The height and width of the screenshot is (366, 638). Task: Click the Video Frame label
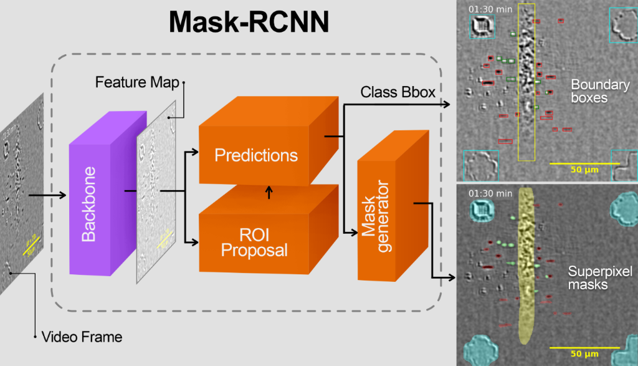[x=82, y=337]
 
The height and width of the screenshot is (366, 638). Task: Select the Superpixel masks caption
[x=600, y=278]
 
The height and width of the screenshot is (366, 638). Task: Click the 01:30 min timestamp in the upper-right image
[x=485, y=9]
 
